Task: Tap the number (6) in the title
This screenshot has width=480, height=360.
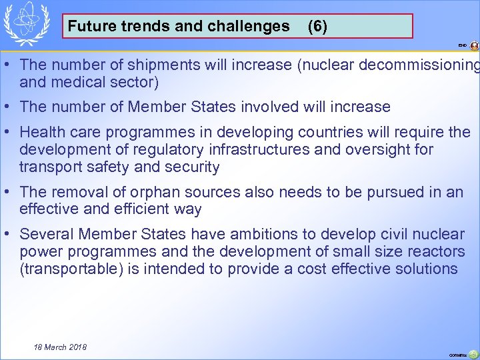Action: click(x=317, y=27)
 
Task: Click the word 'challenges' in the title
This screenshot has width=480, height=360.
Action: click(x=253, y=27)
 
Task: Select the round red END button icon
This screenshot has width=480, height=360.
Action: click(x=474, y=46)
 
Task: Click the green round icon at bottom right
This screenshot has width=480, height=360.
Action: click(x=473, y=354)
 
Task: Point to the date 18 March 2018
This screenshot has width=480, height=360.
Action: click(x=60, y=347)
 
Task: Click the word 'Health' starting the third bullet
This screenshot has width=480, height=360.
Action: click(x=41, y=132)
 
